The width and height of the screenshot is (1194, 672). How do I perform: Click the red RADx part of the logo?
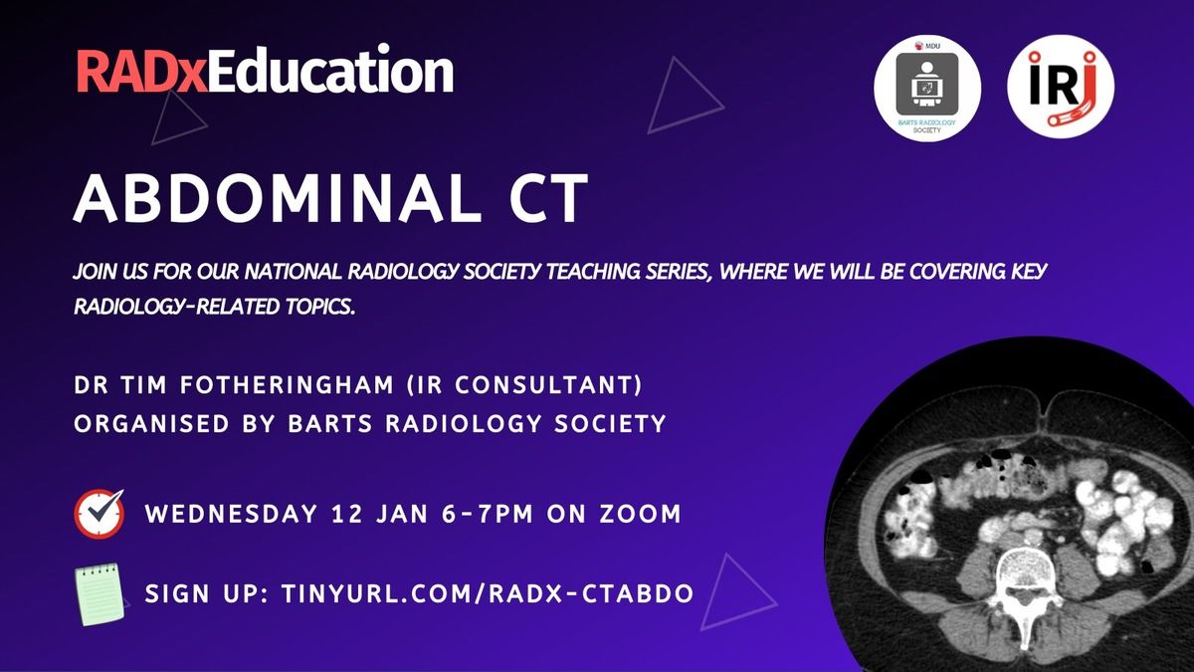coord(142,72)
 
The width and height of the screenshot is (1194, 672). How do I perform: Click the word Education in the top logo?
coord(331,69)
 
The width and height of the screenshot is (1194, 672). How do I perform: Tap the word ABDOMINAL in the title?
coord(278,198)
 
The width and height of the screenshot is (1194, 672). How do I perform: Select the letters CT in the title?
coord(548,198)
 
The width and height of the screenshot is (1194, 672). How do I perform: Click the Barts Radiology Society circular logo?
coord(927,89)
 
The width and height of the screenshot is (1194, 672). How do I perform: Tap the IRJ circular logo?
coord(1061,87)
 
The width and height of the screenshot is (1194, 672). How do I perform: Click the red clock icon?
coord(99,514)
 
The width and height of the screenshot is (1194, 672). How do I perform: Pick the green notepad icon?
coord(99,594)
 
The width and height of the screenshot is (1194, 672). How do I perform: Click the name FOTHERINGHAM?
coord(287,385)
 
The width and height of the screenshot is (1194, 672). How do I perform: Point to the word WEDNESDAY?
coord(231,514)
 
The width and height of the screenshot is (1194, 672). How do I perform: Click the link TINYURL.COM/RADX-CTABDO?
coord(488,593)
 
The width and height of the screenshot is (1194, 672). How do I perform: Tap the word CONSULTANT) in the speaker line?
coord(548,385)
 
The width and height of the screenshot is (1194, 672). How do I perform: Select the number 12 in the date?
coord(347,514)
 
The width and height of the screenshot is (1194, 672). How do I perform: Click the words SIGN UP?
coord(206,593)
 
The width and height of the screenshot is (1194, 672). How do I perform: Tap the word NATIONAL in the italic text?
coord(293,272)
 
